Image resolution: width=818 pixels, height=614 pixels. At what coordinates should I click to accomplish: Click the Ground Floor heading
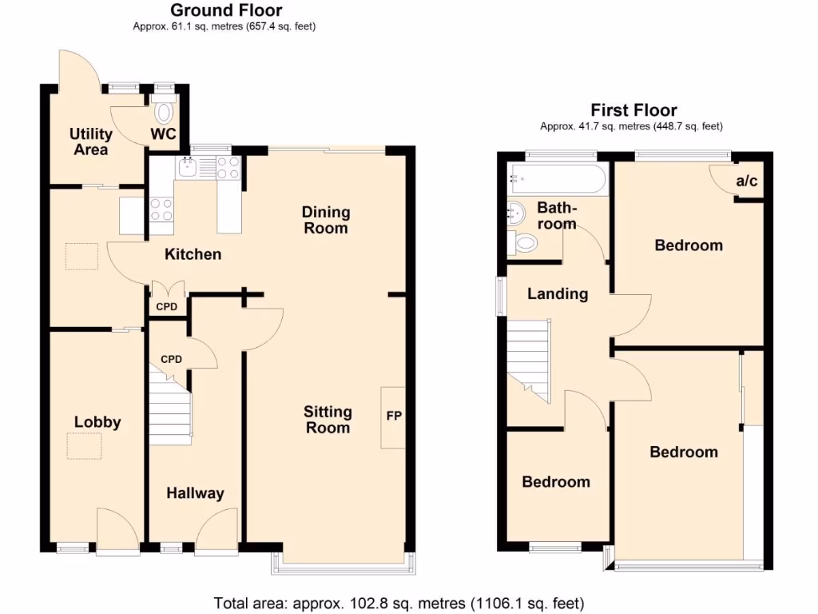pyautogui.click(x=225, y=10)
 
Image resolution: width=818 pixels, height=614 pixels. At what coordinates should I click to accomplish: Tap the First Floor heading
pyautogui.click(x=633, y=110)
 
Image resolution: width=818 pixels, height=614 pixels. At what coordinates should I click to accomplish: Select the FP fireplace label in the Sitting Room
pyautogui.click(x=394, y=417)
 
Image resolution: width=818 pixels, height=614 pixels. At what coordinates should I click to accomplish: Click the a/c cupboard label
pyautogui.click(x=746, y=181)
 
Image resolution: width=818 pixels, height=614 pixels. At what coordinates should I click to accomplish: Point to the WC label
pyautogui.click(x=165, y=134)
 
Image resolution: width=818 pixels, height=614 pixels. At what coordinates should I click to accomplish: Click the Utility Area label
pyautogui.click(x=89, y=142)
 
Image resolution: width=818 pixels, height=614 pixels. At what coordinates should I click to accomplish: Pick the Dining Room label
pyautogui.click(x=326, y=220)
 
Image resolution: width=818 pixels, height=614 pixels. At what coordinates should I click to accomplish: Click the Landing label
pyautogui.click(x=557, y=293)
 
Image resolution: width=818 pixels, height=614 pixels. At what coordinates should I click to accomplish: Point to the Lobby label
pyautogui.click(x=97, y=422)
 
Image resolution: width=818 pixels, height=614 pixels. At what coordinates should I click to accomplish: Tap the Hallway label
pyautogui.click(x=195, y=493)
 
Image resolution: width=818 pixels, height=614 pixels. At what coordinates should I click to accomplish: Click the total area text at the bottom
pyautogui.click(x=399, y=602)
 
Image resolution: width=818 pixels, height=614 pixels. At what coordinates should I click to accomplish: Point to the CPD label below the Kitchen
pyautogui.click(x=166, y=306)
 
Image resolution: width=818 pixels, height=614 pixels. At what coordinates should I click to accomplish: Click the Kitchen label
pyautogui.click(x=193, y=254)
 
